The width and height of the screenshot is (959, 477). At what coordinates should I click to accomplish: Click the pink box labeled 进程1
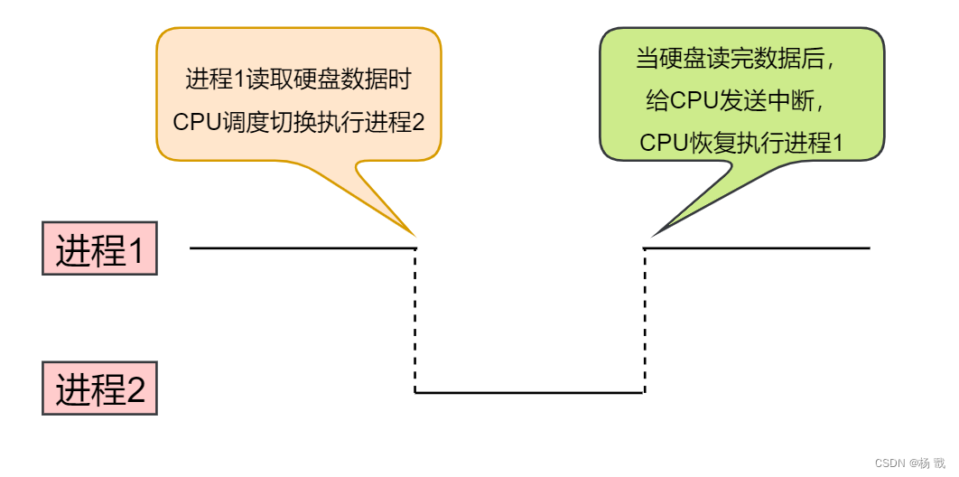click(x=99, y=248)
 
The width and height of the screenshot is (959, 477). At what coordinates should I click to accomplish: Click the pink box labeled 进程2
click(x=99, y=389)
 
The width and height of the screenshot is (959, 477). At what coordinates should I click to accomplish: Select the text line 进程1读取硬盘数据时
click(x=298, y=79)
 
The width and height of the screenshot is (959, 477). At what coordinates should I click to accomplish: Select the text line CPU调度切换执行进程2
click(x=298, y=122)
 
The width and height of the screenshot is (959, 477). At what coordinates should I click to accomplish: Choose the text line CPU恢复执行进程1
click(x=740, y=143)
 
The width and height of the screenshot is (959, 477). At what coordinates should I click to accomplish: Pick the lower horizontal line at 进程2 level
click(x=529, y=393)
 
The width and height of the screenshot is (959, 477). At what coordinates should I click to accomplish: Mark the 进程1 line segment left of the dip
click(x=303, y=248)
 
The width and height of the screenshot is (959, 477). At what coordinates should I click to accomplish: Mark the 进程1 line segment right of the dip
click(x=757, y=248)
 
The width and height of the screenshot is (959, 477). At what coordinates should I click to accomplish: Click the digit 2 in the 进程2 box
click(x=135, y=390)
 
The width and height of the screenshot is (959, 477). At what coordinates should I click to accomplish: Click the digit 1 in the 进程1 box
click(x=135, y=249)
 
